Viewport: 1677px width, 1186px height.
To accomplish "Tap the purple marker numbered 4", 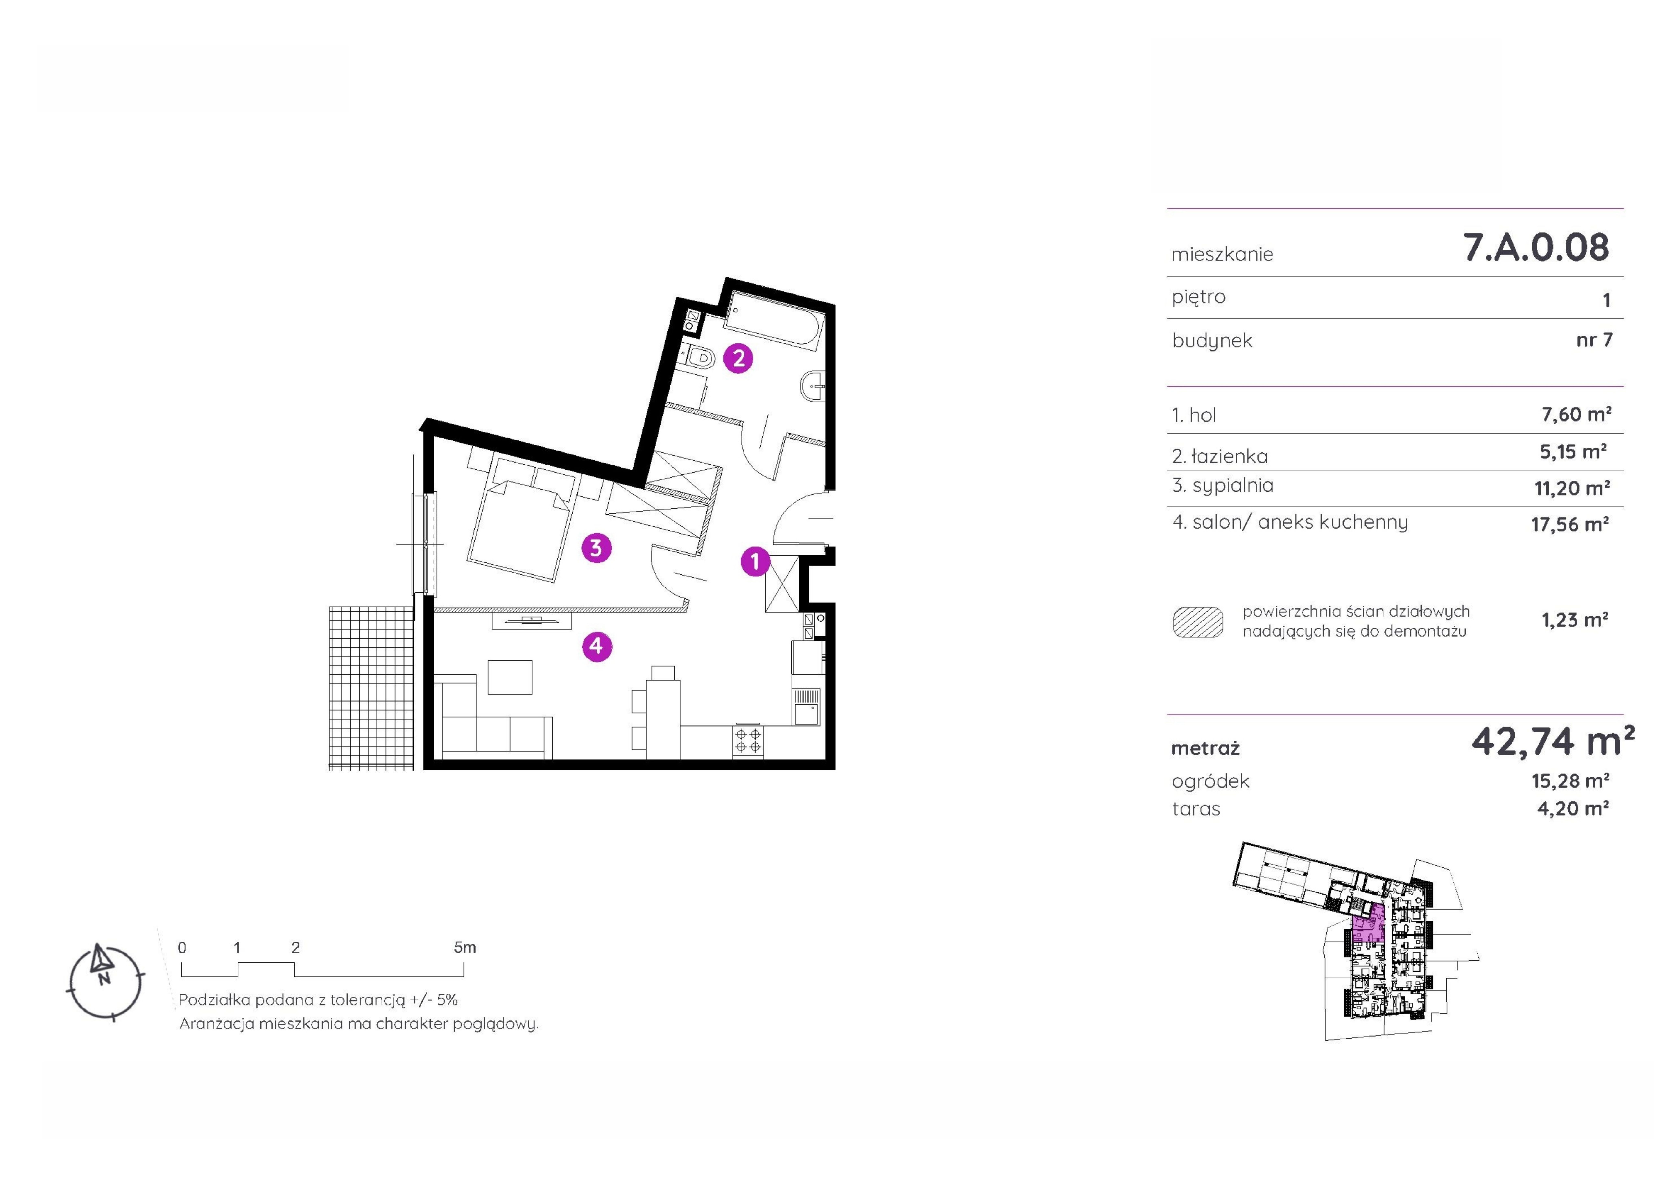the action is point(597,646).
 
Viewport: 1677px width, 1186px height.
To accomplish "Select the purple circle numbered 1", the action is point(755,561).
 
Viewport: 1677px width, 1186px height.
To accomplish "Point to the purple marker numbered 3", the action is point(596,547).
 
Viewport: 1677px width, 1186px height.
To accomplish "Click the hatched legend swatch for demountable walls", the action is point(1198,622).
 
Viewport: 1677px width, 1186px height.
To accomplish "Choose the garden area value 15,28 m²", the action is point(1570,781).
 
